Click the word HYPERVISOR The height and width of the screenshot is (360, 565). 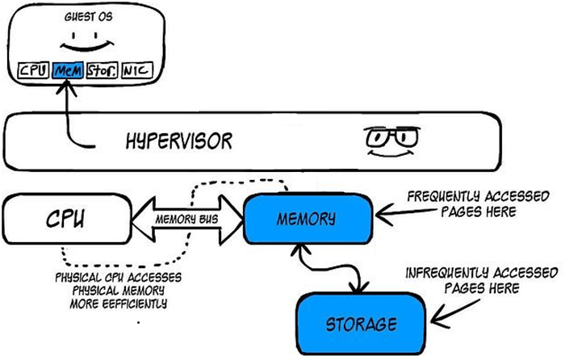click(x=178, y=141)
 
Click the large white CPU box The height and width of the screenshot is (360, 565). click(x=67, y=219)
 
